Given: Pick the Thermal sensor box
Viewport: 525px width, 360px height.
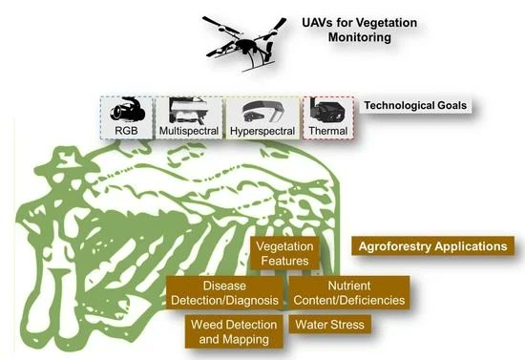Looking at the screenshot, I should (328, 118).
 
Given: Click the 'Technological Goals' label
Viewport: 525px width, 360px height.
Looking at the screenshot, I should (419, 104).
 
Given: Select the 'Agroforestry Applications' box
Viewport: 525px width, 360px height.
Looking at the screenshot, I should (432, 245).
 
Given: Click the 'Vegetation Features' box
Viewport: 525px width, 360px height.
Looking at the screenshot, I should (283, 253).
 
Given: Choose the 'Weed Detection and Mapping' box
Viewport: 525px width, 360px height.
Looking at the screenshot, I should (232, 331).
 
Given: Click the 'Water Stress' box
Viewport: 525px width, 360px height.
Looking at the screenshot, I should (329, 325).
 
